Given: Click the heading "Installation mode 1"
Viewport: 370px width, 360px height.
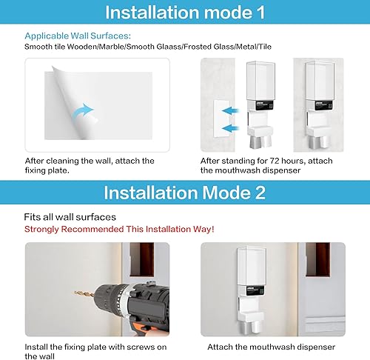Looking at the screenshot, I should [185, 13].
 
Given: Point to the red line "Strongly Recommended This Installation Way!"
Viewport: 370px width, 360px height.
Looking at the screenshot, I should [119, 229].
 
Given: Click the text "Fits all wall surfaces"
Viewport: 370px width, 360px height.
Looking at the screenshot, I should [70, 218].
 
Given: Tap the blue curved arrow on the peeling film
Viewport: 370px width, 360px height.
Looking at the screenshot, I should [86, 112].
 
